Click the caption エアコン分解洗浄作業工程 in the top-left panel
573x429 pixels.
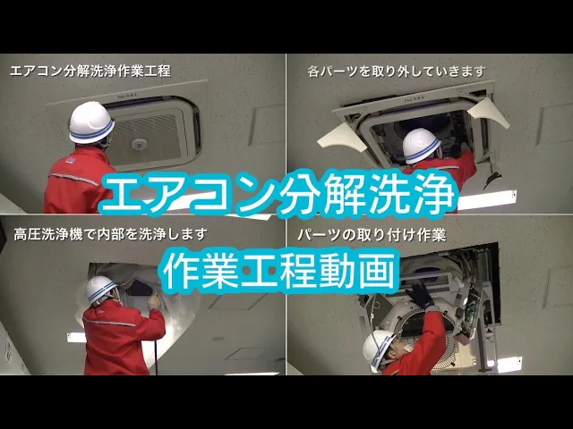pos(90,71)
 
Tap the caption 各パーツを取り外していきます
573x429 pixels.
pos(397,71)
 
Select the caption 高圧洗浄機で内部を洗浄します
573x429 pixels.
pos(110,234)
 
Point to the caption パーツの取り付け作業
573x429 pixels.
pos(372,235)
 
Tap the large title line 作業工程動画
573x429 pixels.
pos(279,272)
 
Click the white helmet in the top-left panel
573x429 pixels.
pos(91,122)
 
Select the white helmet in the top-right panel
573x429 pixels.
pos(421,146)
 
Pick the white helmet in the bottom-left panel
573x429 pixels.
pos(101,289)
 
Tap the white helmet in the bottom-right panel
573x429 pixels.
pos(378,349)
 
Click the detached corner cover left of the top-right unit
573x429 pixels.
pos(342,137)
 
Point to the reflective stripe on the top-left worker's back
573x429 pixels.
pos(74,179)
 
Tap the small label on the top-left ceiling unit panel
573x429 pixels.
pos(127,97)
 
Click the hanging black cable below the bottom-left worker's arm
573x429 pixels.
pos(157,357)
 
